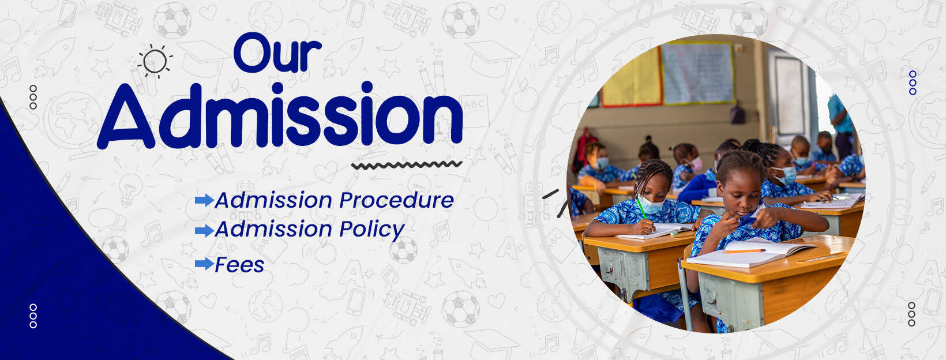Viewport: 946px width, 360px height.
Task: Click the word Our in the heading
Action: (x=277, y=54)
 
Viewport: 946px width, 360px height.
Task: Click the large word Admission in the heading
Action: (x=280, y=117)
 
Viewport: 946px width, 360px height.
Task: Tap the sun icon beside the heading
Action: (x=155, y=61)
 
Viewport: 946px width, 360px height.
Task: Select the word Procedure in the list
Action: (x=396, y=201)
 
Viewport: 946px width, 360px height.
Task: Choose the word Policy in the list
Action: (x=371, y=230)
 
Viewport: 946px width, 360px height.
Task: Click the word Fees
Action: (x=239, y=265)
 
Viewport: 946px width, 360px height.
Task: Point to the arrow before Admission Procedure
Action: (x=204, y=201)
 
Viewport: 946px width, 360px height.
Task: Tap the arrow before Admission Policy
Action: (x=204, y=231)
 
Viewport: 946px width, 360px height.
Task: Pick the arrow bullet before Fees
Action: (x=204, y=264)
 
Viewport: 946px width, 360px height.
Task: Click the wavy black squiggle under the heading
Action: (x=407, y=165)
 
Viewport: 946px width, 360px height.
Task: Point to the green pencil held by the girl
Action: (x=641, y=208)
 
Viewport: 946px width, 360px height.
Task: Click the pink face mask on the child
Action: (x=696, y=163)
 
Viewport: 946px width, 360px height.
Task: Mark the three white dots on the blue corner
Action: (x=33, y=316)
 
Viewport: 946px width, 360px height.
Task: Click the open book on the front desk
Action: (x=750, y=253)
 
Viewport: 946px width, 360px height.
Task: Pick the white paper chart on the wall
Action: (x=697, y=74)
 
